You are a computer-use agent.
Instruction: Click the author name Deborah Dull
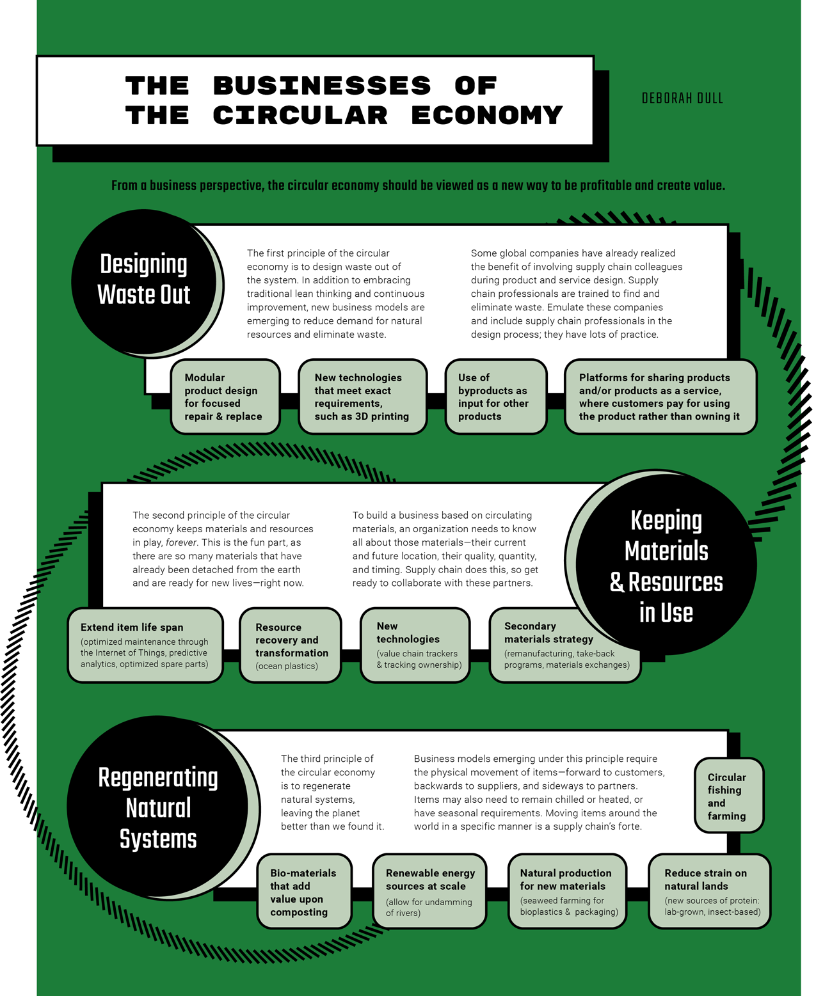(682, 99)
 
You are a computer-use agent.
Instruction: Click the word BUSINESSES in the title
(322, 86)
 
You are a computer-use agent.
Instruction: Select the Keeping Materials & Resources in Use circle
(666, 565)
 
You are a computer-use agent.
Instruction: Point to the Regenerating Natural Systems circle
(158, 807)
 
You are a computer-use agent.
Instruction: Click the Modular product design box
(225, 397)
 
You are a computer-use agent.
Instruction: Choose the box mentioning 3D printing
(362, 397)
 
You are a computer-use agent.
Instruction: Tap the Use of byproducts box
(495, 397)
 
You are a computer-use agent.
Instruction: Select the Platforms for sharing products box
(660, 397)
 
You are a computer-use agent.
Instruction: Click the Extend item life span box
(145, 645)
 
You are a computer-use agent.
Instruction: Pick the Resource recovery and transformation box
(290, 645)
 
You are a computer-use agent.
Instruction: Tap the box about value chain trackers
(415, 645)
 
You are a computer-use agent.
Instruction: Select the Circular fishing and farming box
(728, 796)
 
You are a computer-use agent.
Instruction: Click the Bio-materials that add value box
(304, 891)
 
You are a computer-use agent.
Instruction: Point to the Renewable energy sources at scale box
(429, 891)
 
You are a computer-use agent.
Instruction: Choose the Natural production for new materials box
(567, 891)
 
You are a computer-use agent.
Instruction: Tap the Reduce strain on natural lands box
(709, 891)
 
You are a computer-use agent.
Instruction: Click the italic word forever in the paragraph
(181, 542)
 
